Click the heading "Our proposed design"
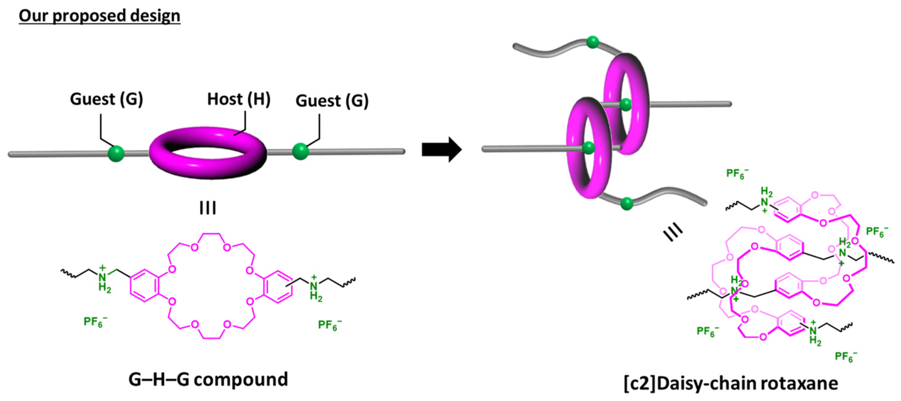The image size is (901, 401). click(x=99, y=16)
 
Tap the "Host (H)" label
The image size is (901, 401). click(x=239, y=99)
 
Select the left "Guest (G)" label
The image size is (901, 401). click(x=107, y=99)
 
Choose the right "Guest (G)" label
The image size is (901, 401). click(x=332, y=101)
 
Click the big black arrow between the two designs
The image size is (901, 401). click(x=441, y=149)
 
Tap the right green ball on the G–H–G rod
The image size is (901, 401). click(x=301, y=152)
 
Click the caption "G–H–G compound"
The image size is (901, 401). click(x=208, y=380)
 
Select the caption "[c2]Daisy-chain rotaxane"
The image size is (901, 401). click(x=731, y=383)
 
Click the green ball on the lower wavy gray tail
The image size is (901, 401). click(x=626, y=203)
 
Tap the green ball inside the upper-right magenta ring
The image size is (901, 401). click(x=626, y=104)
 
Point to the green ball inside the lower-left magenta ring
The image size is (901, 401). click(x=589, y=148)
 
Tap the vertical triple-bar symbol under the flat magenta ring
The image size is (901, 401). click(x=208, y=208)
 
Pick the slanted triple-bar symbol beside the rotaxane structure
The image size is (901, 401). click(x=673, y=233)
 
